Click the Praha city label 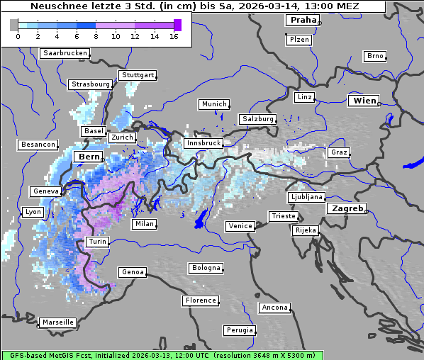[302, 21]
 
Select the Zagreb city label [347, 208]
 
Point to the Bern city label [89, 157]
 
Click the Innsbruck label [203, 143]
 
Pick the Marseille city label [57, 322]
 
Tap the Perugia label [240, 330]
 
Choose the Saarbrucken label [65, 53]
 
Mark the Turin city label [97, 242]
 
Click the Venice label [240, 226]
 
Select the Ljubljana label [306, 197]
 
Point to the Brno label [375, 56]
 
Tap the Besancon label [38, 145]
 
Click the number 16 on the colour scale [174, 36]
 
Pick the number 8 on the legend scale [96, 36]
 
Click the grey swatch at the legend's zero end [14, 26]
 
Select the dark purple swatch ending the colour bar [177, 26]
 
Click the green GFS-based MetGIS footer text [162, 355]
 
